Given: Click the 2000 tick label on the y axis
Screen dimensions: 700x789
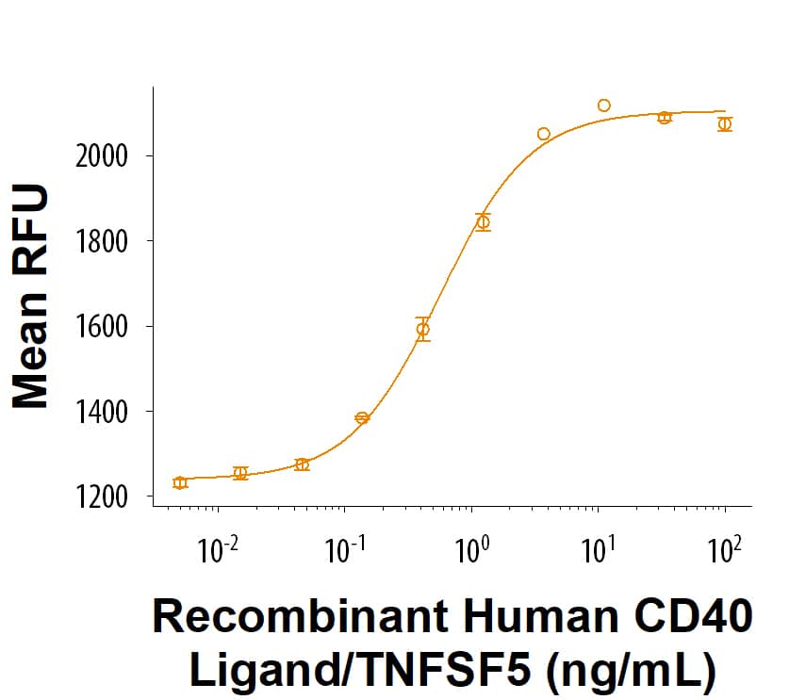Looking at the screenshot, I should tap(102, 155).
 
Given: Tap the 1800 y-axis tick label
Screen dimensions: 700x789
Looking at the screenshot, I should tap(102, 241).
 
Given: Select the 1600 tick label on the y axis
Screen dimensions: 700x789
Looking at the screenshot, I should tap(102, 327).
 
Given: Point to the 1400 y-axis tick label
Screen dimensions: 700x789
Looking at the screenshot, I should tap(102, 412).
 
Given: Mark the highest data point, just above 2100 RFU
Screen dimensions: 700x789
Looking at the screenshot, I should tap(604, 106).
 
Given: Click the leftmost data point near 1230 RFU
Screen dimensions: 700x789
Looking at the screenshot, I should tap(180, 482).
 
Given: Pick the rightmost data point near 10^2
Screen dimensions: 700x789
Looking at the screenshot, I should tap(724, 124).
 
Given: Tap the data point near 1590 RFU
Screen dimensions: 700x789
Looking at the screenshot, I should tap(423, 330).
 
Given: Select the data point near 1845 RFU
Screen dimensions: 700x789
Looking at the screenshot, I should tap(483, 222).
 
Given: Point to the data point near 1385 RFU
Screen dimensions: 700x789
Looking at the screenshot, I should tap(362, 418).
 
